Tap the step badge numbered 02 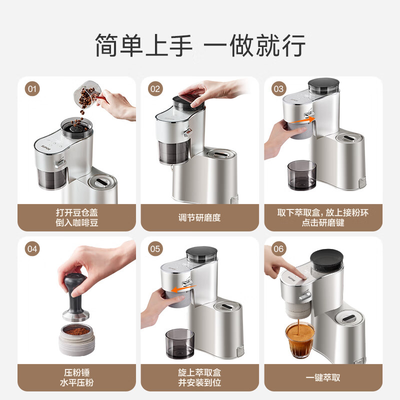[x=155, y=89]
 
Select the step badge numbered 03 [x=278, y=89]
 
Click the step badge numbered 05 [x=155, y=249]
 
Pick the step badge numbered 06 [x=278, y=249]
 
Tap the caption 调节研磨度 [x=199, y=217]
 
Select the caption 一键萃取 [x=323, y=377]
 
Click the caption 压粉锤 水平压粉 [x=76, y=377]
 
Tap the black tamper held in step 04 [x=75, y=295]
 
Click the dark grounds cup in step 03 [x=302, y=175]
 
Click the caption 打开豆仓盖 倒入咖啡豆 [x=76, y=217]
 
